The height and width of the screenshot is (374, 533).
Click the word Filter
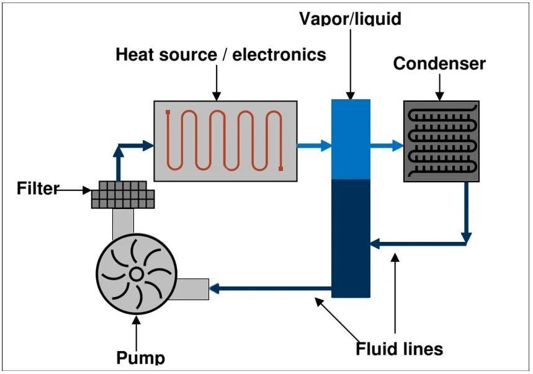coord(37,188)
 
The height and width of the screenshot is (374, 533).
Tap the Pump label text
coord(141,358)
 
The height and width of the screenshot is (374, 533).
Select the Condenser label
coord(439,64)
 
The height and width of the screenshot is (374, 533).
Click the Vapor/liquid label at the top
coord(350,19)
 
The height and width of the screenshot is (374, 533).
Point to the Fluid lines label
coord(399,349)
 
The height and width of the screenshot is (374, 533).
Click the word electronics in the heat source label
coord(279,55)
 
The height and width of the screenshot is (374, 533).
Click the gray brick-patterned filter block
coord(122,195)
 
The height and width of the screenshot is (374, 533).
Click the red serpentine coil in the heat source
coord(225,140)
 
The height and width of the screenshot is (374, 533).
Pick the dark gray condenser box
coord(441,141)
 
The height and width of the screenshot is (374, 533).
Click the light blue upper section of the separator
coord(351,140)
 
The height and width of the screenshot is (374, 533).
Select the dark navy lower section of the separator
coord(351,236)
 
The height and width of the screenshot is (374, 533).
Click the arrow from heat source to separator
coord(313,146)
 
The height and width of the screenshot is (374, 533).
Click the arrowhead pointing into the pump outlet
coord(215,288)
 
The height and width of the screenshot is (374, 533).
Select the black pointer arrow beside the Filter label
coord(74,190)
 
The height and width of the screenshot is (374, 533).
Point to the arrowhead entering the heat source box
coord(148,145)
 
